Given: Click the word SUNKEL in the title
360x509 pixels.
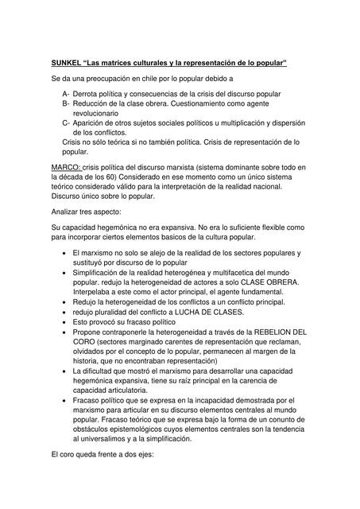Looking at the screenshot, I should coord(66,62).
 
